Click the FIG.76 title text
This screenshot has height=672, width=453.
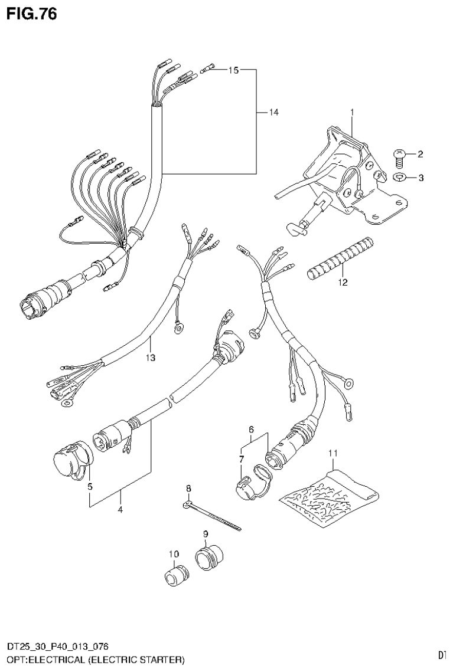click(x=32, y=14)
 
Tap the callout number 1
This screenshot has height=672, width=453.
click(x=351, y=112)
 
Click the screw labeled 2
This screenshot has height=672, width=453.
click(x=399, y=155)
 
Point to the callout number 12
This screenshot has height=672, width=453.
click(x=343, y=282)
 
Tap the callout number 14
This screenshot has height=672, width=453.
click(x=273, y=112)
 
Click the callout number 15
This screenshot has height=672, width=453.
click(x=233, y=70)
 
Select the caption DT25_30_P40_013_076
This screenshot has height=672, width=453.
click(x=57, y=647)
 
